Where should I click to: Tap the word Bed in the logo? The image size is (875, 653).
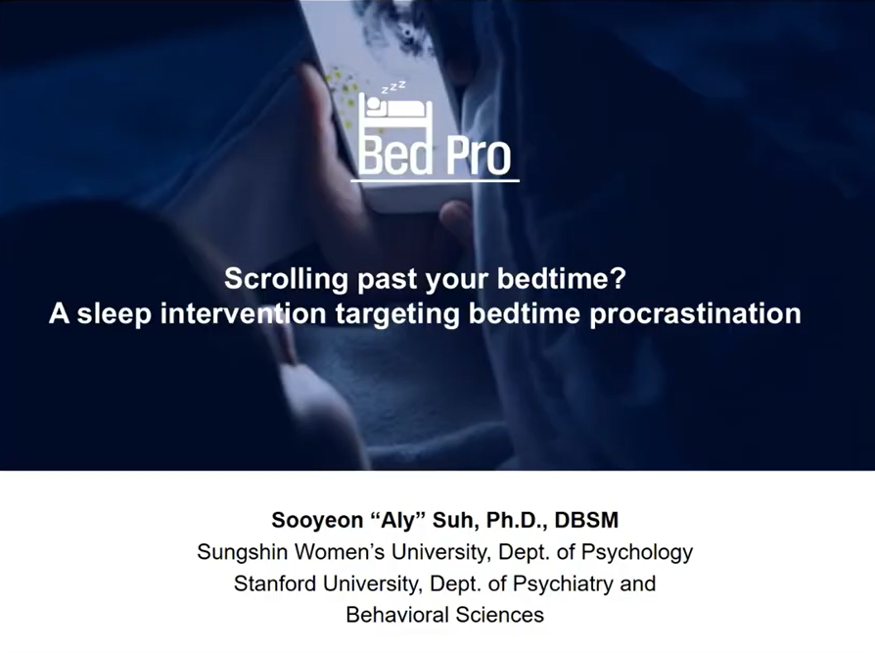coord(395,157)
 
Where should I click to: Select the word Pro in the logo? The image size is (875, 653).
coord(475,157)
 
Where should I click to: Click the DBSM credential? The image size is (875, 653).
coord(587,519)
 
